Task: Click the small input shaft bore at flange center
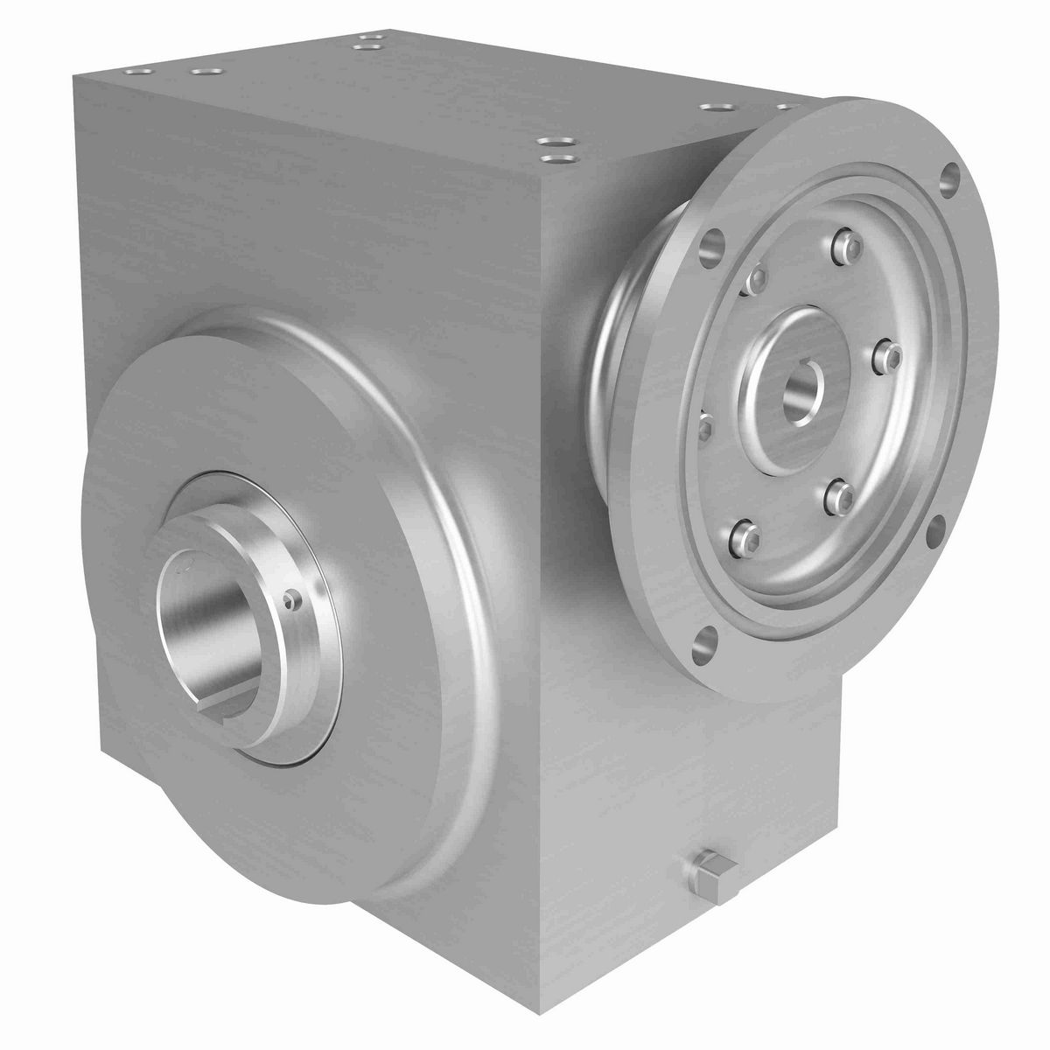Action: tap(803, 383)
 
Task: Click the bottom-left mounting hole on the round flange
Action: tap(704, 643)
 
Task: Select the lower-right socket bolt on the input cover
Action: tap(836, 494)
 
